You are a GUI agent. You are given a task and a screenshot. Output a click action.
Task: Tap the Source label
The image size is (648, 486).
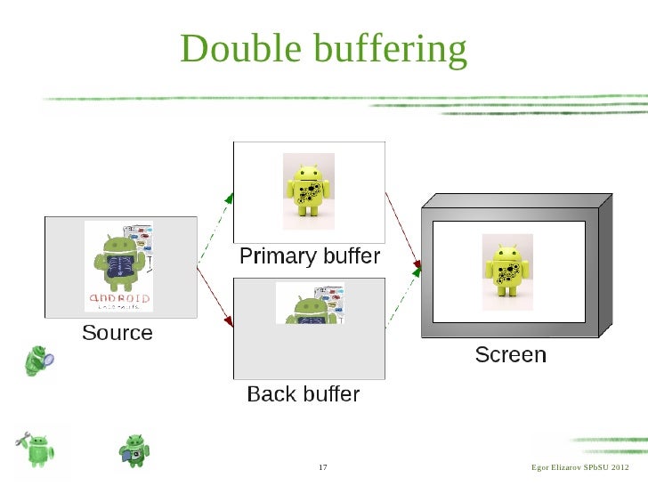tap(117, 334)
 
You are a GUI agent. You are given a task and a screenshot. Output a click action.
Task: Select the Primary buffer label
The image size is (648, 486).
tap(310, 257)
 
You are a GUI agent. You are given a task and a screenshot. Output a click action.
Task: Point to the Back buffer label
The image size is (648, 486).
tap(303, 393)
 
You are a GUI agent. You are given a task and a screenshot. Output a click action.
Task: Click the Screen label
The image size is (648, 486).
tap(510, 355)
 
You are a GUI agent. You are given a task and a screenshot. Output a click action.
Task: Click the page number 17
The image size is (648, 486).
tap(323, 468)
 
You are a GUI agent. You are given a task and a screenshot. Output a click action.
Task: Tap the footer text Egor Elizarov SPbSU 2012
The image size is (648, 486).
tap(579, 468)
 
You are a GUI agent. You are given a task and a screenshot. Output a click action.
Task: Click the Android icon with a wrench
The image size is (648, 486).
tap(36, 445)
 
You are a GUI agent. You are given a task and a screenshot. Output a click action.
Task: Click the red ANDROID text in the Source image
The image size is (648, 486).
tap(118, 297)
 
